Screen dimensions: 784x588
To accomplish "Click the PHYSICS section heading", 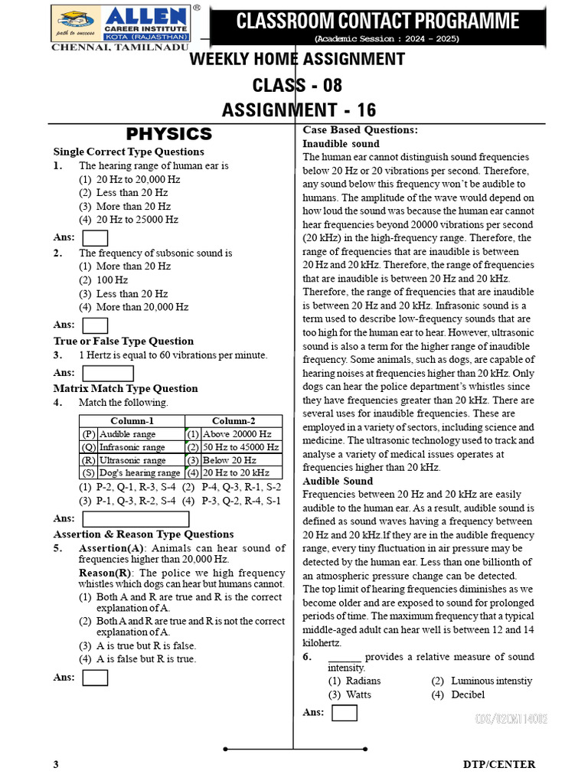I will click(x=169, y=135).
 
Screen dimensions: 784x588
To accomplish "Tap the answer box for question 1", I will click(x=95, y=237).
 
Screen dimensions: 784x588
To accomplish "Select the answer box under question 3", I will click(x=107, y=373).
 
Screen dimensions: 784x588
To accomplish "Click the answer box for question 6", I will click(x=345, y=713).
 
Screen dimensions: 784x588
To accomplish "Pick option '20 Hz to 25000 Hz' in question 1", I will click(x=137, y=220).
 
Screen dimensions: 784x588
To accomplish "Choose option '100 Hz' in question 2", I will click(x=112, y=280).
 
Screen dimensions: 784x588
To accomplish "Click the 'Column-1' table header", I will click(x=132, y=421).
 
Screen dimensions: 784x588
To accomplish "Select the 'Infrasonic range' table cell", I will click(x=132, y=447).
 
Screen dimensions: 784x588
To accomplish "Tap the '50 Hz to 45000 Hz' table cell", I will click(x=240, y=447).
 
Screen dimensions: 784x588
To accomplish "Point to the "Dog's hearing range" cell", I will click(x=139, y=473).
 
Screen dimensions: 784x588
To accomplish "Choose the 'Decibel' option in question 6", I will click(x=468, y=695).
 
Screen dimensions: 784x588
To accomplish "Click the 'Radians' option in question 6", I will click(x=363, y=681).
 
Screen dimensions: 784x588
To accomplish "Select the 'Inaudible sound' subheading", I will click(x=341, y=144).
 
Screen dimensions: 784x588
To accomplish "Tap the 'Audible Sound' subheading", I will click(x=338, y=482).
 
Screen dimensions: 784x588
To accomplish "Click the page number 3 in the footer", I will click(x=56, y=765).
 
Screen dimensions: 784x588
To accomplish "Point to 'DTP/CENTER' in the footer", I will click(x=499, y=765).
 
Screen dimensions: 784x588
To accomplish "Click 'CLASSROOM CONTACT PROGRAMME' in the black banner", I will click(x=377, y=21).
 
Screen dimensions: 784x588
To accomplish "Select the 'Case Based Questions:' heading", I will click(x=360, y=130).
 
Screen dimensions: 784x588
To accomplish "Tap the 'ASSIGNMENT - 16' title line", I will click(x=299, y=110).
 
